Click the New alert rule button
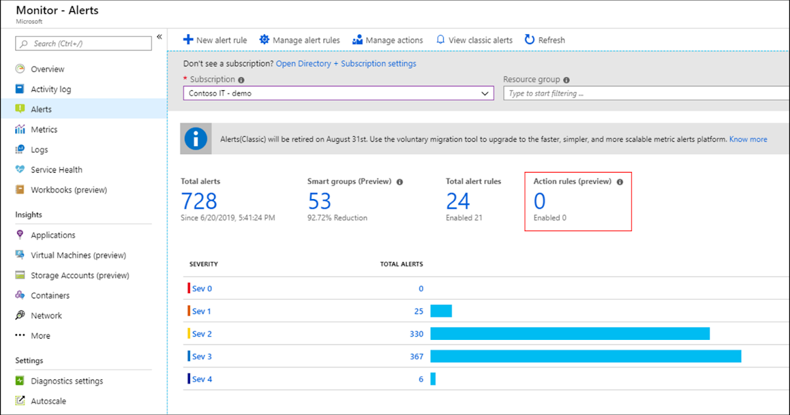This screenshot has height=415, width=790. point(215,40)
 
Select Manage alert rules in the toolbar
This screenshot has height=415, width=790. point(300,40)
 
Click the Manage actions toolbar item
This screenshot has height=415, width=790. point(388,40)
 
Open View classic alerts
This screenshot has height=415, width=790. point(474,40)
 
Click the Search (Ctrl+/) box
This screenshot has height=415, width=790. point(84,43)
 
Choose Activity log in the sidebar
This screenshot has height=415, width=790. point(51,90)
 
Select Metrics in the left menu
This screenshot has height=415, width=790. point(44,130)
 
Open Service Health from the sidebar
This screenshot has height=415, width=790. point(57,170)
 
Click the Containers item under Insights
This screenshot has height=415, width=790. point(50,296)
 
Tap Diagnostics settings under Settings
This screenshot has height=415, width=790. point(66,381)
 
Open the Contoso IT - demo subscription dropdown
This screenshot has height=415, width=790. point(338,94)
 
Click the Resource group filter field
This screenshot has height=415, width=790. point(645,94)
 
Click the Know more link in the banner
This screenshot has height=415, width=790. point(748,140)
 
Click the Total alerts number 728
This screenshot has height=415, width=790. point(199,201)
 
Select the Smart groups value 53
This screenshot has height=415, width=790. point(319,201)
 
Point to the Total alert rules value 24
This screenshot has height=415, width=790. point(458,201)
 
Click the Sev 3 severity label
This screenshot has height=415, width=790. point(201,356)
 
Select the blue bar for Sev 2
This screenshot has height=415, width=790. point(569,334)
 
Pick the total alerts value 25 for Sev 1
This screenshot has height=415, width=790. point(418,311)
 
